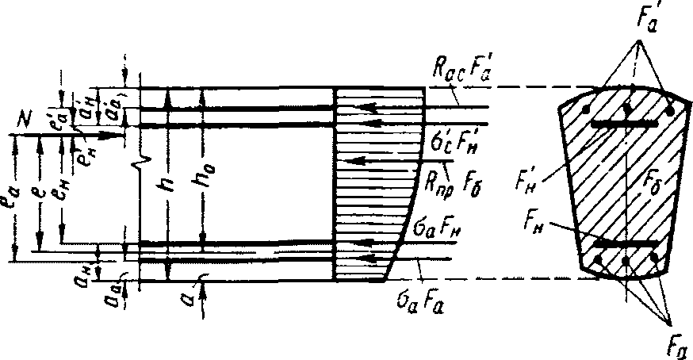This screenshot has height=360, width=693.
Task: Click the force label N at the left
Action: [x=25, y=121]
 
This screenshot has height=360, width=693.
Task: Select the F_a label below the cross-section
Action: [x=672, y=342]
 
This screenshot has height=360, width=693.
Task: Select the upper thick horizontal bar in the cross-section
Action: [x=626, y=124]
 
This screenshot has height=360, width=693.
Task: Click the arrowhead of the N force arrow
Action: [x=121, y=136]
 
